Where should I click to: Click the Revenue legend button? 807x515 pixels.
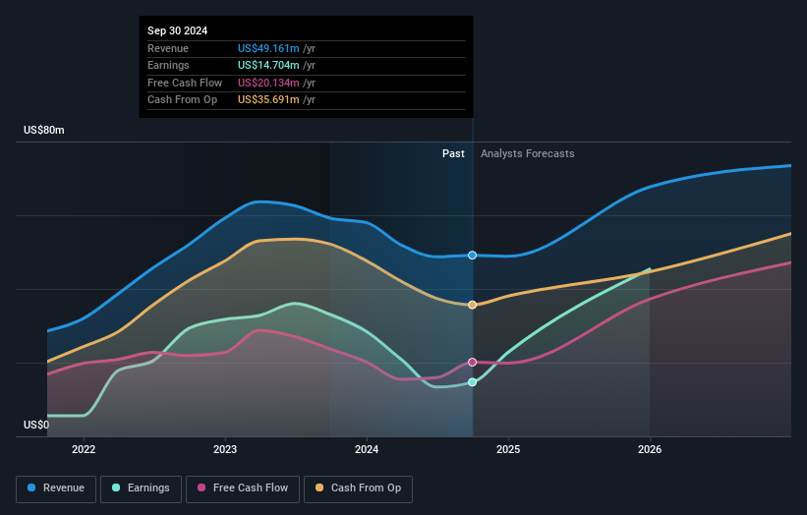[x=56, y=487]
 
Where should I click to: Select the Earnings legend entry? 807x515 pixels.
[x=141, y=487]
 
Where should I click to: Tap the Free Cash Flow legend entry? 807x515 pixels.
[x=243, y=487]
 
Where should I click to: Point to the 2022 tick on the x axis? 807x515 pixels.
[x=84, y=450]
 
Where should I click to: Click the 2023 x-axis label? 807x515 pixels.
[x=225, y=450]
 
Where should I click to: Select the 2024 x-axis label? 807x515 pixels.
[x=367, y=450]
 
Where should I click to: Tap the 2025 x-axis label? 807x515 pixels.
[x=508, y=450]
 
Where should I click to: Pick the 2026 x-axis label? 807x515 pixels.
[x=650, y=450]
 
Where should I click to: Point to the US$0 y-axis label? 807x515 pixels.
[x=36, y=426]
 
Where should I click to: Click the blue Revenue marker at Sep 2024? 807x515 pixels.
[x=473, y=256]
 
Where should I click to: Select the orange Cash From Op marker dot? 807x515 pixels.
[x=473, y=305]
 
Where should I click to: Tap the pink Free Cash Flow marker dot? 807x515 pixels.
[x=473, y=363]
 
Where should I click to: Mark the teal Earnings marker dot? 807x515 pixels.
[x=473, y=382]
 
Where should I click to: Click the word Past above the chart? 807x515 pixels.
[x=453, y=153]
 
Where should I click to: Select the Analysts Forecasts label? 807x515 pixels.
[x=527, y=153]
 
